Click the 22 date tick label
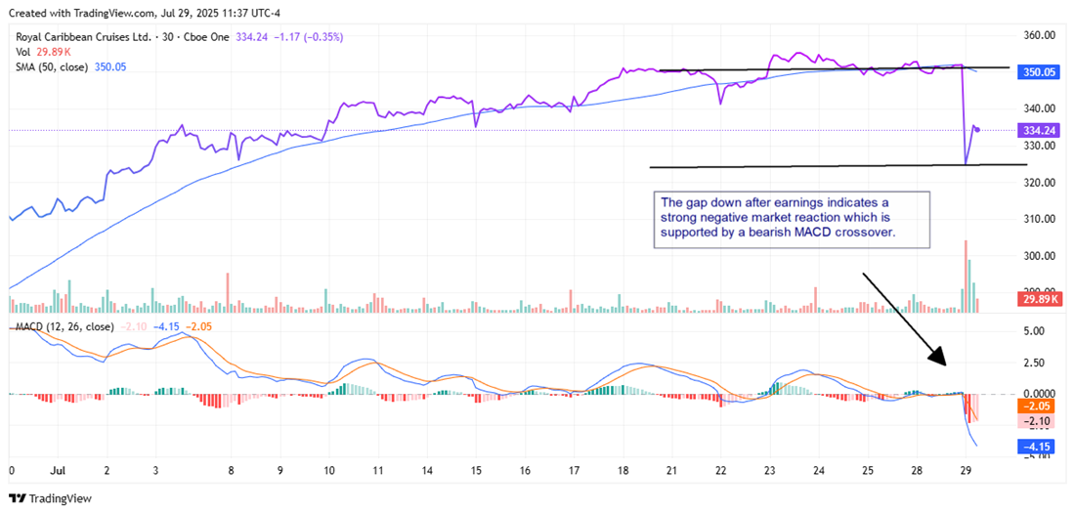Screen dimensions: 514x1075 720,470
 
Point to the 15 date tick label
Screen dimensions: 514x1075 475,470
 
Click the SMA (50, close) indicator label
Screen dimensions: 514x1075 52,66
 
